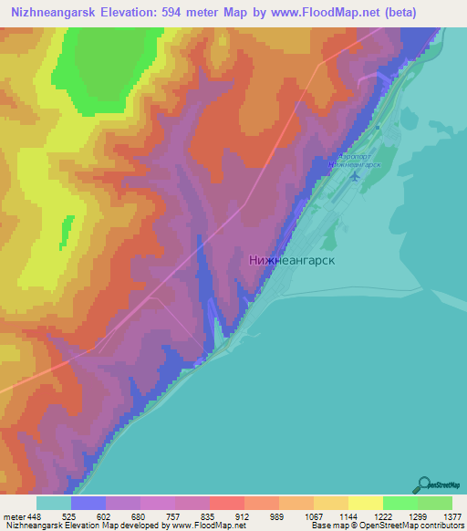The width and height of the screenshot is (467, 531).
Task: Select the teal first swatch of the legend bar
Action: coord(54,503)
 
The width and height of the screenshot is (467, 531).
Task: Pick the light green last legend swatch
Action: coord(435,503)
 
